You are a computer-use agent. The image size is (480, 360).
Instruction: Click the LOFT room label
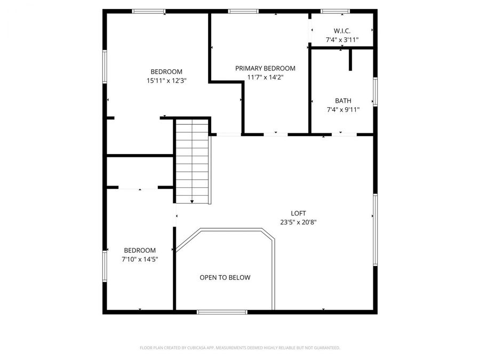299,213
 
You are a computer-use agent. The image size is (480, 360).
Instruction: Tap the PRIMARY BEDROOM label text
265,68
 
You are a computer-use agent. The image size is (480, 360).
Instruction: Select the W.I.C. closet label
342,31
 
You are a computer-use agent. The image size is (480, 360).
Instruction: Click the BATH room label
343,101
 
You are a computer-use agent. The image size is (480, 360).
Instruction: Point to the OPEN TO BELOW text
225,277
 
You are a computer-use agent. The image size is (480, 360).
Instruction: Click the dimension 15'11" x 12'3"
166,81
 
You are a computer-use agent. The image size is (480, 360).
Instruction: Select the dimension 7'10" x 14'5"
140,259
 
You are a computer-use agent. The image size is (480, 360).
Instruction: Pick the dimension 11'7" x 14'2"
265,77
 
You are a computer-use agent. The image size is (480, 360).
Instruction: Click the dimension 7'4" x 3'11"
342,40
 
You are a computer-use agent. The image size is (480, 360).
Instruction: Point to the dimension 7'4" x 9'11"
343,110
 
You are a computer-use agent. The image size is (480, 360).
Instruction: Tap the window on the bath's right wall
375,92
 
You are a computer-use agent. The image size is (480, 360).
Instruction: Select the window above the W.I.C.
335,11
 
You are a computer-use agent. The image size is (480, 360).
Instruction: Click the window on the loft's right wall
375,229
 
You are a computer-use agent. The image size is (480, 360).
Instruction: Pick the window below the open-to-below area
221,311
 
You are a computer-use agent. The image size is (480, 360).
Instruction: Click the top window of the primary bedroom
243,11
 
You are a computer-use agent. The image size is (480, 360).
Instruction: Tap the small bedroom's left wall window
105,265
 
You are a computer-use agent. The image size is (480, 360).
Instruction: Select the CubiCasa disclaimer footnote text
239,348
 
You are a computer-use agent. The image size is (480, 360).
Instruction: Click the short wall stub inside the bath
351,60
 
